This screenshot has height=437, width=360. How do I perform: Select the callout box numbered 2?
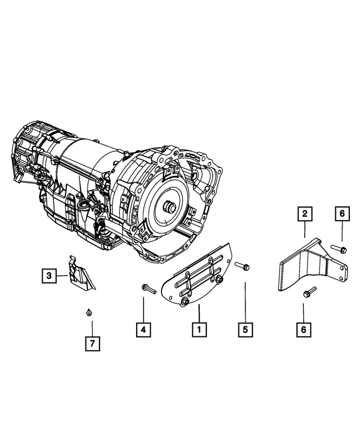click(304, 213)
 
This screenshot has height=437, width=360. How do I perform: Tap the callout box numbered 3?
click(49, 276)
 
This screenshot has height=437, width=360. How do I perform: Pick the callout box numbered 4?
click(143, 330)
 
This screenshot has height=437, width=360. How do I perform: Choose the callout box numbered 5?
click(245, 330)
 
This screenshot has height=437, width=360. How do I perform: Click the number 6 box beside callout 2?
click(341, 213)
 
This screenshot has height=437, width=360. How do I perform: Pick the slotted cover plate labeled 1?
click(197, 276)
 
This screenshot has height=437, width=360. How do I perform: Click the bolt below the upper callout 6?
click(340, 247)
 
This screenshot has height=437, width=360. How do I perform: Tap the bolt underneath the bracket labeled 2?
click(308, 292)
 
